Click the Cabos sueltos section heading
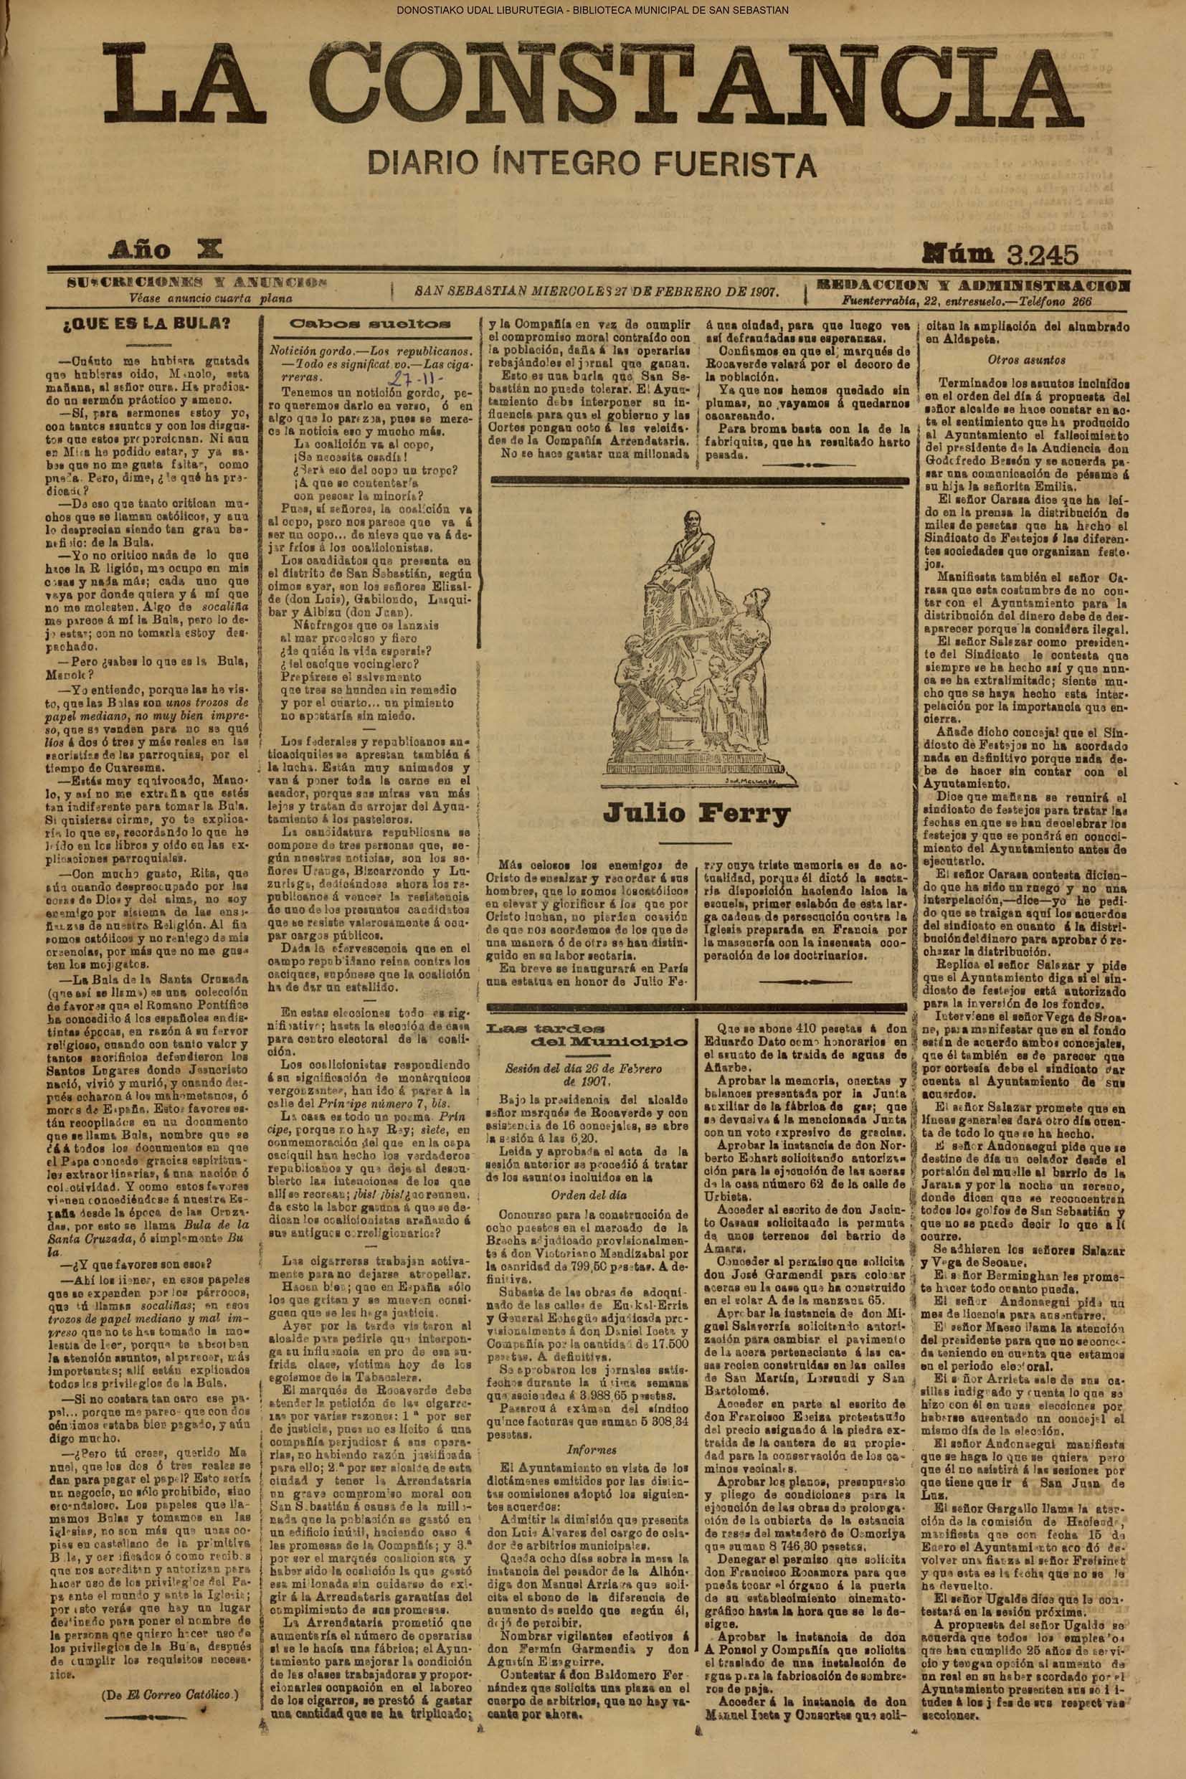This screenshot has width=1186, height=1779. tap(370, 323)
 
